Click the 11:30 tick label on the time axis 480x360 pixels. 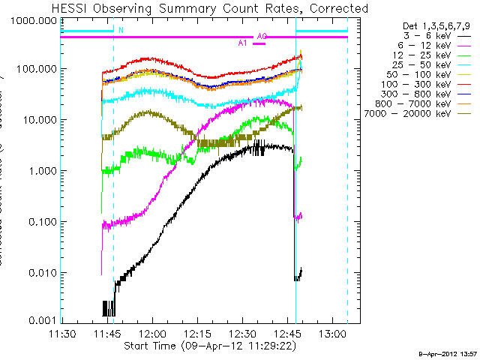click(x=62, y=333)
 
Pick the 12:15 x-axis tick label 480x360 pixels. click(x=197, y=333)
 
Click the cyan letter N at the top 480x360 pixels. click(x=121, y=31)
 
